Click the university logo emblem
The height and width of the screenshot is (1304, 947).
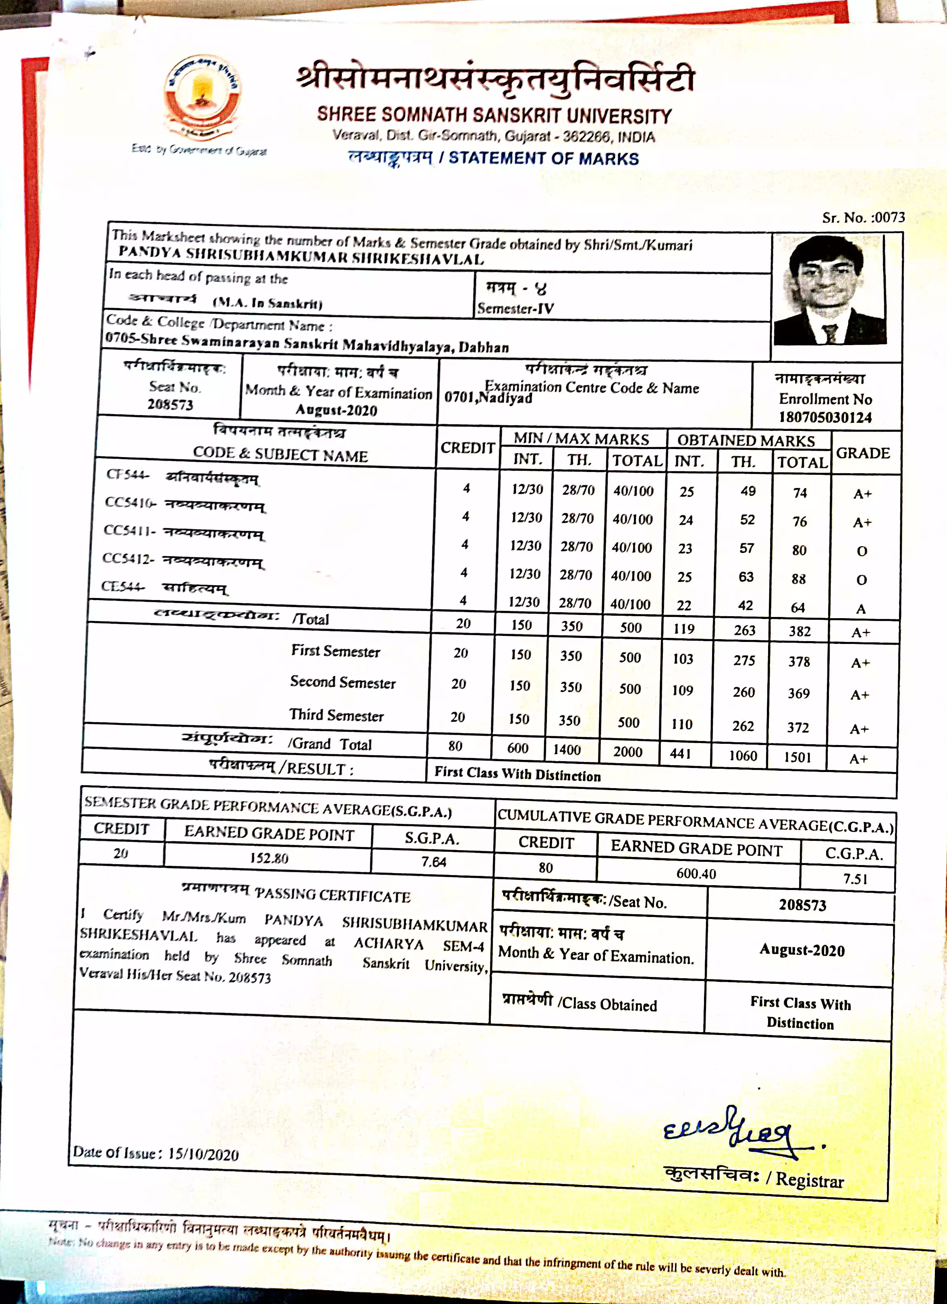[x=202, y=98]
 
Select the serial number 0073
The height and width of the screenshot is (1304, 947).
[x=889, y=217]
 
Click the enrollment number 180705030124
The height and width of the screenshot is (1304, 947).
[x=825, y=418]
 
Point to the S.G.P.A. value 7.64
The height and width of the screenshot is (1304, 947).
[x=433, y=862]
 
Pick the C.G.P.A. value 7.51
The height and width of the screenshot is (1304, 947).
[x=855, y=879]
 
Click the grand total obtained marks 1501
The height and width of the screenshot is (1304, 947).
[x=797, y=757]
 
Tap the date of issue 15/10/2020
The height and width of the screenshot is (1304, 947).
[x=203, y=1154]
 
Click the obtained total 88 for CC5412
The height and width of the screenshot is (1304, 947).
[x=799, y=579]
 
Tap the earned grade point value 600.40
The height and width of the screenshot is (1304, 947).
[x=696, y=874]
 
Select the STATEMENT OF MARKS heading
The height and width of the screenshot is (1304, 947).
[x=544, y=159]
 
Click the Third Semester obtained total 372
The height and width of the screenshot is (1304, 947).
[x=798, y=727]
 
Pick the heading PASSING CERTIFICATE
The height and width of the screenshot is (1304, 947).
[x=332, y=895]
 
